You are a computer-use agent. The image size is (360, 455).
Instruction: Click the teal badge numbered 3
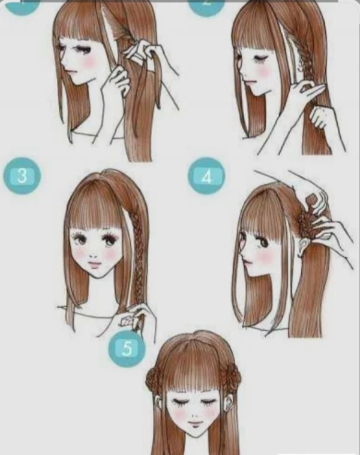click(x=22, y=177)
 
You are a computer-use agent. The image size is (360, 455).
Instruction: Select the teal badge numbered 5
click(x=127, y=349)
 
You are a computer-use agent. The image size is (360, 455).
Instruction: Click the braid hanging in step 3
click(x=138, y=264)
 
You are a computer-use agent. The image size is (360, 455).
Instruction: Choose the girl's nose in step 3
click(x=94, y=253)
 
